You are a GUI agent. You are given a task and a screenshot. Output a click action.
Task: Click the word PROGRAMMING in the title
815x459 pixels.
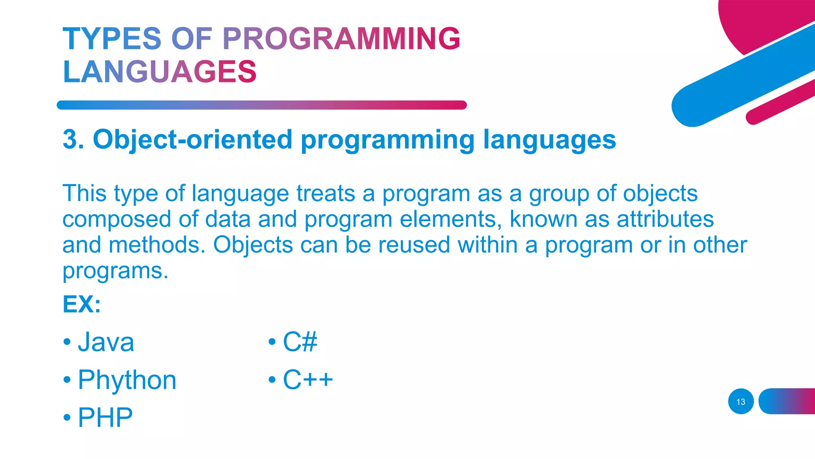pyautogui.click(x=341, y=39)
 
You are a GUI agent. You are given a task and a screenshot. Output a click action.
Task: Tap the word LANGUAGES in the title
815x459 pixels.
pyautogui.click(x=160, y=72)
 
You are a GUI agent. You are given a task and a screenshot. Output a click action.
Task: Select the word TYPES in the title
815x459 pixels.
pyautogui.click(x=112, y=39)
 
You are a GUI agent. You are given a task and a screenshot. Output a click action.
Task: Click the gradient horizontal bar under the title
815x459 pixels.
pyautogui.click(x=261, y=105)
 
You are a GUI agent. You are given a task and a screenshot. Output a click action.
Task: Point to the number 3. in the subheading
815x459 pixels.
pyautogui.click(x=74, y=139)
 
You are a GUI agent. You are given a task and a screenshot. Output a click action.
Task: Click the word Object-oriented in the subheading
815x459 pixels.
pyautogui.click(x=193, y=139)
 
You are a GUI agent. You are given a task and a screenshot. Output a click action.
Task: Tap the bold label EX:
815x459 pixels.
pyautogui.click(x=82, y=304)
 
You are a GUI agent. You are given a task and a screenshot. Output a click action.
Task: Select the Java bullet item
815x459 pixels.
pyautogui.click(x=106, y=342)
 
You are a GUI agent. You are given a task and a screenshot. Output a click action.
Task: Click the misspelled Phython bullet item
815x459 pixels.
pyautogui.click(x=127, y=380)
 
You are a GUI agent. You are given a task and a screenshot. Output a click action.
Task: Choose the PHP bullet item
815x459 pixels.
pyautogui.click(x=105, y=418)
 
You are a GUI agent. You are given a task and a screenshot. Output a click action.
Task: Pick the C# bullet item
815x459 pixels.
pyautogui.click(x=300, y=342)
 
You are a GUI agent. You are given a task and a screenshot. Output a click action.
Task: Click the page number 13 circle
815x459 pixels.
pyautogui.click(x=741, y=402)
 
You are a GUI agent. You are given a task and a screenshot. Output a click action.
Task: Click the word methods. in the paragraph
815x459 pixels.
pyautogui.click(x=157, y=245)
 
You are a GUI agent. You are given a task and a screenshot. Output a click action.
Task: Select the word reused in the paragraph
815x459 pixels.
pyautogui.click(x=414, y=245)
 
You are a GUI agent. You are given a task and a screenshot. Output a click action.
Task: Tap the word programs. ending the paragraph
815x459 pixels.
pyautogui.click(x=115, y=271)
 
